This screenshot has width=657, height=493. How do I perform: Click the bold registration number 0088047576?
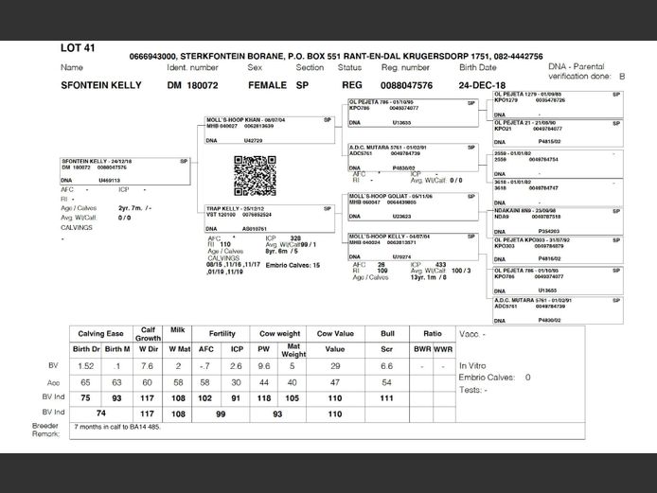(406, 85)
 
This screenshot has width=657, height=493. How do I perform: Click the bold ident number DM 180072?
(193, 85)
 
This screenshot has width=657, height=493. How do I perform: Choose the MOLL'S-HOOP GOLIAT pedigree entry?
(383, 196)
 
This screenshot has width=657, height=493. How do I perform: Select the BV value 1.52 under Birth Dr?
(85, 365)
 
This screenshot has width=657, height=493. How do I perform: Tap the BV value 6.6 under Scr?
(386, 365)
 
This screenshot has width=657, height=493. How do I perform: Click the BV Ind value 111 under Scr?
(386, 397)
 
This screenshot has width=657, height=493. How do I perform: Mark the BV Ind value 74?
(98, 413)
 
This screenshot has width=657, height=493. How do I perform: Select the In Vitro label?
(472, 365)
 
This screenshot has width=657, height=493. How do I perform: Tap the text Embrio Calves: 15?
(287, 265)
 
